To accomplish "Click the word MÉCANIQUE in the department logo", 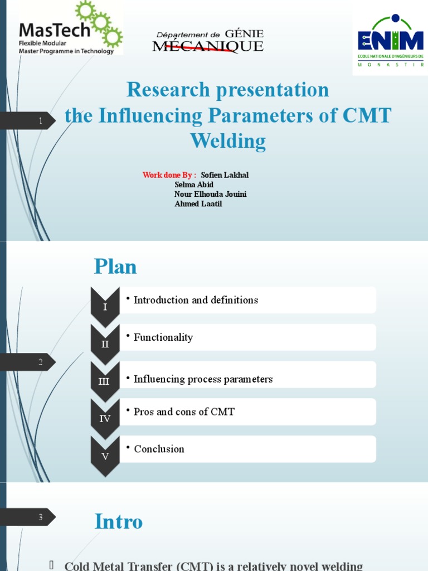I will point(208,47).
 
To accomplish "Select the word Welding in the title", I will point(228,141).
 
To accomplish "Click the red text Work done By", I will point(169,175).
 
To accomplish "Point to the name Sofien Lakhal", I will point(225,175).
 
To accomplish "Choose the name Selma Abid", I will point(194,185).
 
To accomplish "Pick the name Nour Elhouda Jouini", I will point(210,194).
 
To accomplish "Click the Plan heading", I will point(115,267).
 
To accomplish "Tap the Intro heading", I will point(119,521).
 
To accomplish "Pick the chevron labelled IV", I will point(105,418).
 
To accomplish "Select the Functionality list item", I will point(163,337).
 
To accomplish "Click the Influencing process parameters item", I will point(203,379).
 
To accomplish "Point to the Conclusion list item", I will point(159,449).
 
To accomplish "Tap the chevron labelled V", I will point(105,456).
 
